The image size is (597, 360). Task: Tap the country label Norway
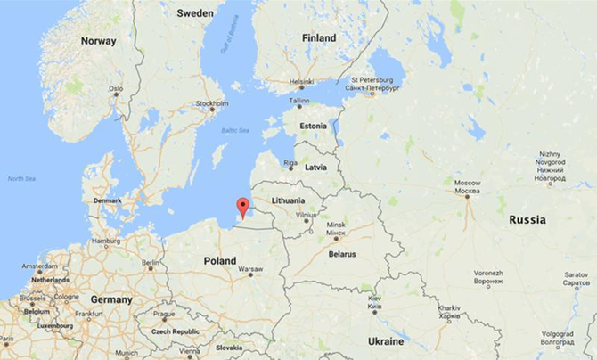tap(98, 41)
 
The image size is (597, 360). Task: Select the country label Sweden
tap(195, 13)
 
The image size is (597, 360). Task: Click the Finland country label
tap(319, 38)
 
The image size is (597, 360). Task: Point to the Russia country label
tap(527, 219)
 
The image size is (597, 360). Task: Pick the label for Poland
tap(219, 261)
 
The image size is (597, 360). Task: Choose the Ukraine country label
tap(386, 341)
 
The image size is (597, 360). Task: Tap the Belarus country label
tap(341, 254)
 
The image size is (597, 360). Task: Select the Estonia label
tap(313, 127)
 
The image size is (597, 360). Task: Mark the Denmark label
tap(108, 200)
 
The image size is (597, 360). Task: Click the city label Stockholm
tap(212, 103)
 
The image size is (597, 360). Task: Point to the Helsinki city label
tap(301, 82)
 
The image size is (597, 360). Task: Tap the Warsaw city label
tap(250, 268)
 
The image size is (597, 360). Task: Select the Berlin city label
tap(150, 263)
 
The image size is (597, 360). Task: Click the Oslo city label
tap(116, 89)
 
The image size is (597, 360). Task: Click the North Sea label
tap(22, 179)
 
